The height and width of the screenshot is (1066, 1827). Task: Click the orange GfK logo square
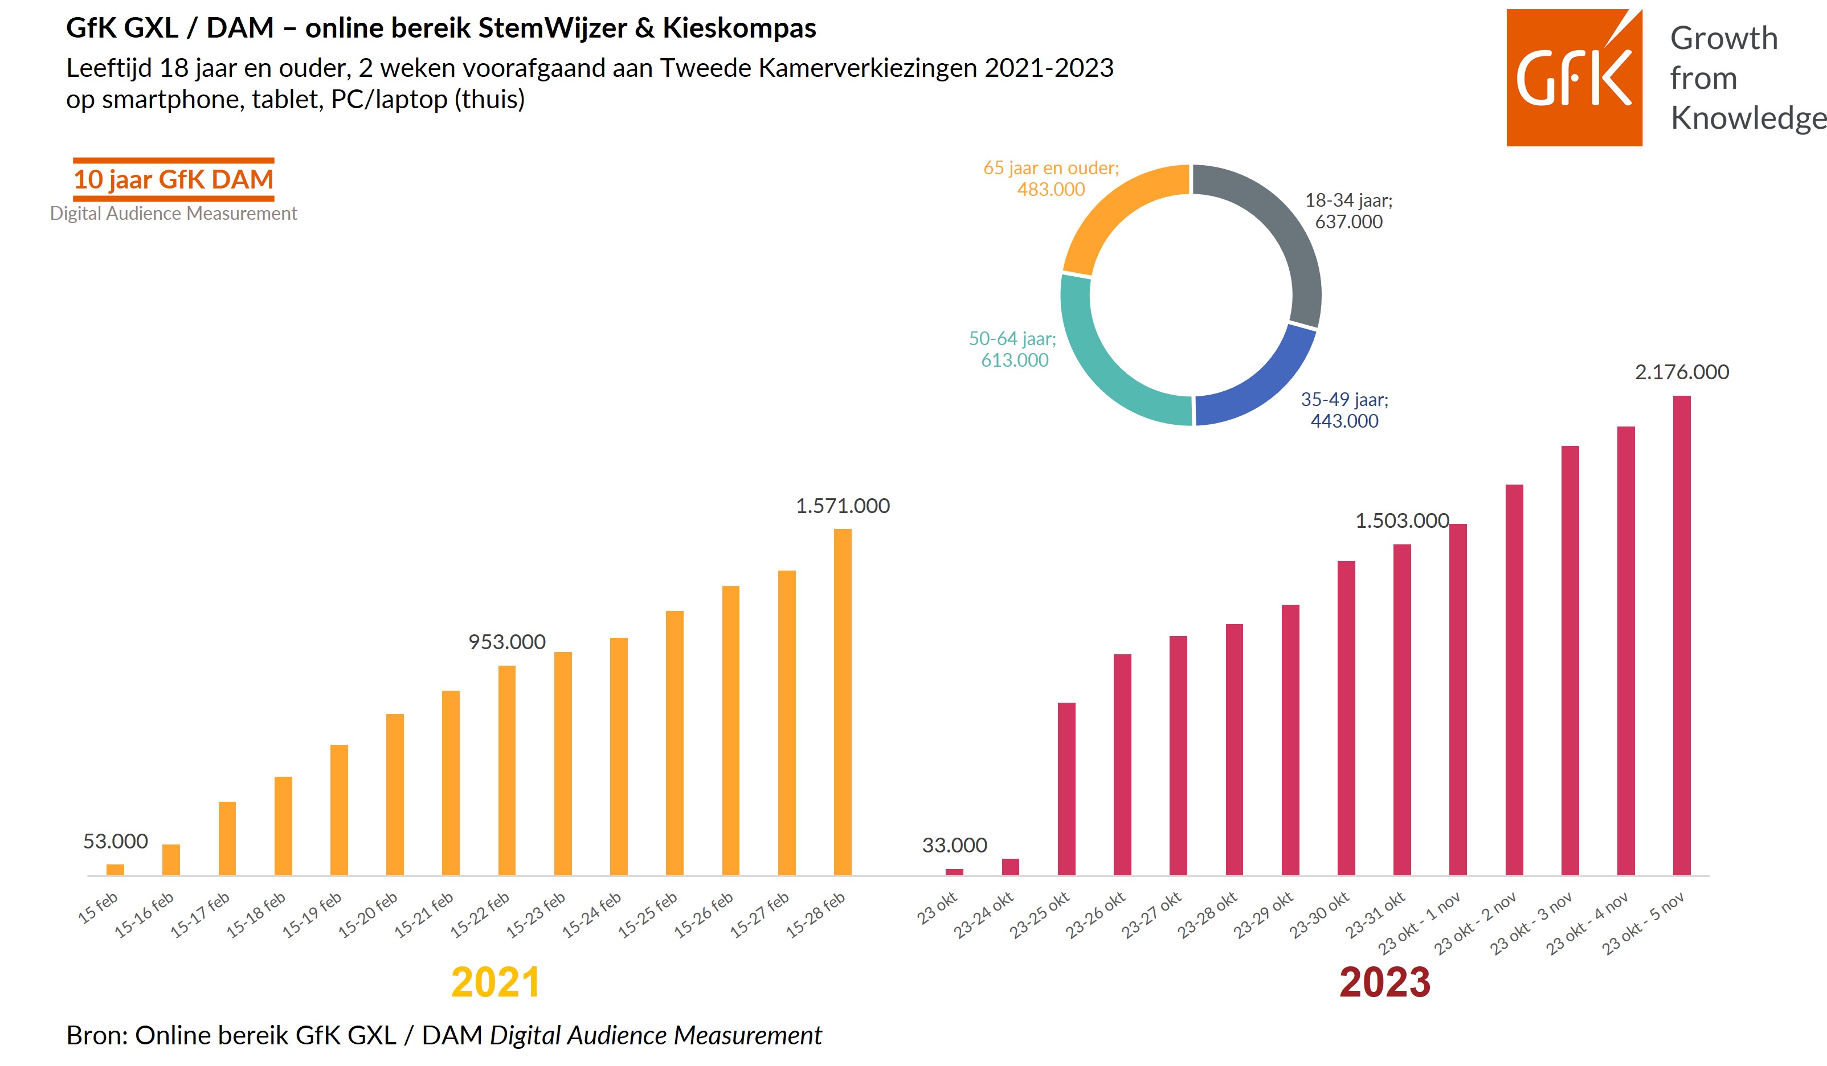pos(1574,77)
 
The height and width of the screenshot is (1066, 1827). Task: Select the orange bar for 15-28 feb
pos(843,702)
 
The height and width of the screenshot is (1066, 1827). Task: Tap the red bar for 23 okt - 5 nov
pos(1682,635)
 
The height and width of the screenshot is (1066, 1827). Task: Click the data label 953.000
pos(507,642)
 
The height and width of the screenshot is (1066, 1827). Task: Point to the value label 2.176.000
pos(1682,372)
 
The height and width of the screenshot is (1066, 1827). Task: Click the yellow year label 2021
pos(496,983)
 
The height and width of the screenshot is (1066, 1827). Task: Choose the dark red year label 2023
pos(1385,983)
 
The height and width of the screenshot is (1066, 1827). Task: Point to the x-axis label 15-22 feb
pos(479,915)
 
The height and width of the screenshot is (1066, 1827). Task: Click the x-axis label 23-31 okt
pos(1375,915)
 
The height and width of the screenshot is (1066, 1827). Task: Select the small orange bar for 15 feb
pos(115,870)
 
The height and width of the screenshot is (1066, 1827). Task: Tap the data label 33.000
pos(954,845)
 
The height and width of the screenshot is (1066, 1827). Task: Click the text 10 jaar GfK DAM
pos(173,179)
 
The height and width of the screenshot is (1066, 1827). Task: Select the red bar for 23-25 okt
pos(1066,789)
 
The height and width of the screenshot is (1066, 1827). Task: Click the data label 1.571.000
pos(843,506)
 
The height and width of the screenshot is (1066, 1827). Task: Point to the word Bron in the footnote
pos(95,1036)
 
